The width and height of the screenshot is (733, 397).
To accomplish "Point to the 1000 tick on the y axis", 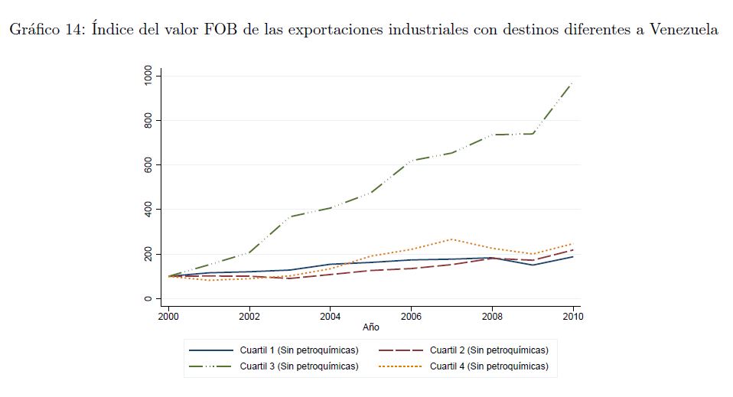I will tap(147, 76).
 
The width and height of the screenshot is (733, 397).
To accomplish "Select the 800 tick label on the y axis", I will tap(147, 120).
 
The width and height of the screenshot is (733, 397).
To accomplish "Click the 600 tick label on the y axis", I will tap(147, 164).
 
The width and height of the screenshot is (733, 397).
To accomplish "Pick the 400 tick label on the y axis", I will tap(147, 209).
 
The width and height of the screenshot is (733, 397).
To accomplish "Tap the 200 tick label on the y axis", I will tap(147, 254).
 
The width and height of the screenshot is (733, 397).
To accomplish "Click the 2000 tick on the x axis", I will tap(168, 315).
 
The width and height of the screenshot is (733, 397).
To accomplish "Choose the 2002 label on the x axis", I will tap(249, 315).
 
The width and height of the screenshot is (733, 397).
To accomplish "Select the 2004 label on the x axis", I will tap(331, 315).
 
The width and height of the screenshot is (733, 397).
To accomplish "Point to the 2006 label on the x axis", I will tap(412, 315).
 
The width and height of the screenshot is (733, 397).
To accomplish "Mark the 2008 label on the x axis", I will tap(492, 315).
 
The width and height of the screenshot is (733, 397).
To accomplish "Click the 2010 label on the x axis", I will tap(572, 315).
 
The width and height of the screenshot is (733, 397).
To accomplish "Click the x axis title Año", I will tap(371, 327).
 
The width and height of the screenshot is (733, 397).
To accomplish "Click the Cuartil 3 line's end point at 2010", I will tap(573, 82).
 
